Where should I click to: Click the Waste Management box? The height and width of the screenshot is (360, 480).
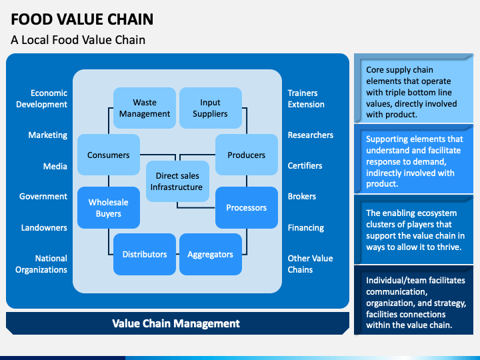pos(145,108)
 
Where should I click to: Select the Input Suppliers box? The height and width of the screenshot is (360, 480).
pos(211,108)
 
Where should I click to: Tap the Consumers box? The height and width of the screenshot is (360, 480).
pos(109,155)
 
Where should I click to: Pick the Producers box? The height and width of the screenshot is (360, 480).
pos(247,155)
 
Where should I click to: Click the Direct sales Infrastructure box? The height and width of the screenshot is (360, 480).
pos(177,181)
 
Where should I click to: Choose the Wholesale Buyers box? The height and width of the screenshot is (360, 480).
pos(109,207)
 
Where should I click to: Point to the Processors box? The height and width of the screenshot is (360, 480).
pos(247,207)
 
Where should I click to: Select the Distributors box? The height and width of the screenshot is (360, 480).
pos(145,255)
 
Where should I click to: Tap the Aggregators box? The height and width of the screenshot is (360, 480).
pos(211,255)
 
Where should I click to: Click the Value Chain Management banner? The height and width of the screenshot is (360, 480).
pos(177,323)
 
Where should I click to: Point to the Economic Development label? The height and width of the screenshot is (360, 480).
pos(41,99)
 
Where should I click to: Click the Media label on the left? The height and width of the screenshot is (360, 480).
pos(55,166)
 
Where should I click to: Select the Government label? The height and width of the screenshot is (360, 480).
pos(43,196)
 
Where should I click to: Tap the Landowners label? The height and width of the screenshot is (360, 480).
pos(44,227)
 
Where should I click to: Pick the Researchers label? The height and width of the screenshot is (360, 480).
pos(311,135)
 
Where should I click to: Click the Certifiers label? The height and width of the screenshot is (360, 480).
pos(305,165)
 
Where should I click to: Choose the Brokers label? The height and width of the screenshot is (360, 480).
pos(302,196)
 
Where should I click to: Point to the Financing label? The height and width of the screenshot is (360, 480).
pos(306,228)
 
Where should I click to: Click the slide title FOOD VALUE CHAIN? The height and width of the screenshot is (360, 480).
pos(82,19)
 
